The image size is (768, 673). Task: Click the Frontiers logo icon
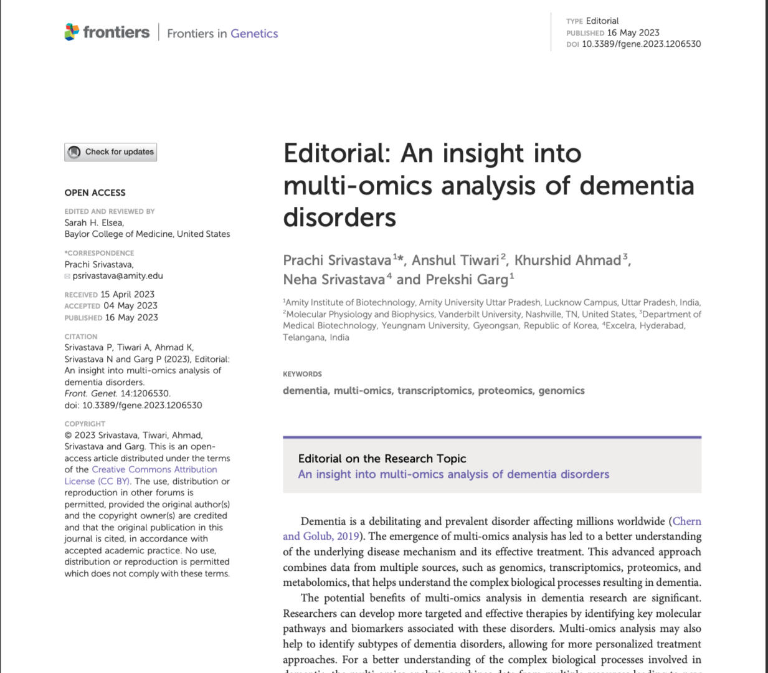tap(72, 32)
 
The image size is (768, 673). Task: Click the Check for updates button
tap(111, 152)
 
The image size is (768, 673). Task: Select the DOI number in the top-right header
tap(641, 44)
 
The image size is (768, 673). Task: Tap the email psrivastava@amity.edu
tap(117, 276)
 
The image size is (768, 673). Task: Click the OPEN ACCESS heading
tap(95, 193)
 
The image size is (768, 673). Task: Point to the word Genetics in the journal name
tap(254, 34)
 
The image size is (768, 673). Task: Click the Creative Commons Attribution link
tap(154, 470)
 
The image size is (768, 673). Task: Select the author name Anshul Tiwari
tap(455, 260)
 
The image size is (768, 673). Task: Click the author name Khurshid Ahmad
tap(567, 260)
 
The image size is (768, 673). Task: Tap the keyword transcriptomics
tap(435, 391)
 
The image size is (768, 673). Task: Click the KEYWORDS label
tap(302, 375)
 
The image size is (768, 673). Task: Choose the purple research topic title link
tap(453, 474)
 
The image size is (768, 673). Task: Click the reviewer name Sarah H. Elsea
tap(94, 223)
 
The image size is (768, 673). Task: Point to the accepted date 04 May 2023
tap(130, 306)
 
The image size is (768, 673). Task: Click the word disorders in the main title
tap(339, 217)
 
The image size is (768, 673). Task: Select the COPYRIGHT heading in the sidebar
tap(85, 424)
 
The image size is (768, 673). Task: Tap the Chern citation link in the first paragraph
tap(686, 522)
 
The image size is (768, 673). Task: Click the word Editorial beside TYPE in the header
tap(602, 21)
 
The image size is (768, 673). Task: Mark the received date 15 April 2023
tap(127, 295)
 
